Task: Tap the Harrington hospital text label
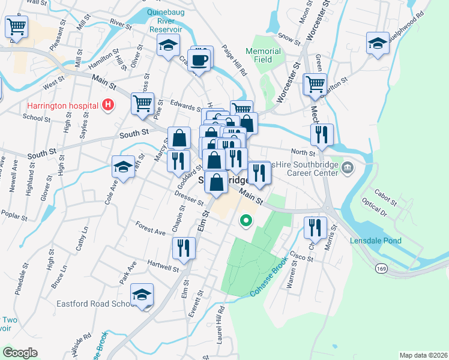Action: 62,106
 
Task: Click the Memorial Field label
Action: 263,55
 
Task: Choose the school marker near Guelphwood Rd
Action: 378,44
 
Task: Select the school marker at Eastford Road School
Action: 142,295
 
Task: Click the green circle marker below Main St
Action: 246,221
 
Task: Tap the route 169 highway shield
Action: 382,268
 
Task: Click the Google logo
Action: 20,353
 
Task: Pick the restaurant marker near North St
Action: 323,134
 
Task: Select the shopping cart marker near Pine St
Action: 143,103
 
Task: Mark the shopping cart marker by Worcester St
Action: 314,84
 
